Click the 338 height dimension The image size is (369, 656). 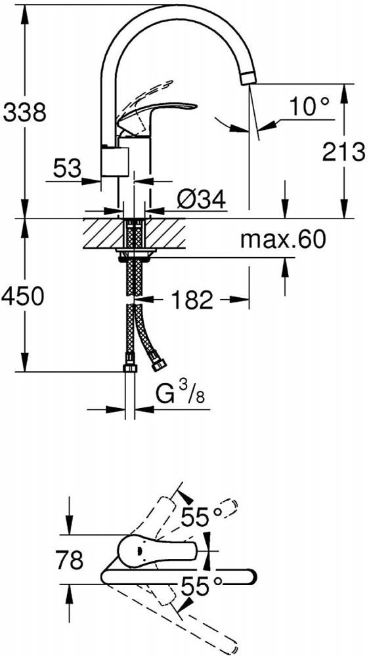[x=24, y=113]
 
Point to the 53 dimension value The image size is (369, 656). [x=66, y=168]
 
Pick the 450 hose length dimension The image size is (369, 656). [x=22, y=297]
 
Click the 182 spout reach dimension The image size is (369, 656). [x=192, y=300]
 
